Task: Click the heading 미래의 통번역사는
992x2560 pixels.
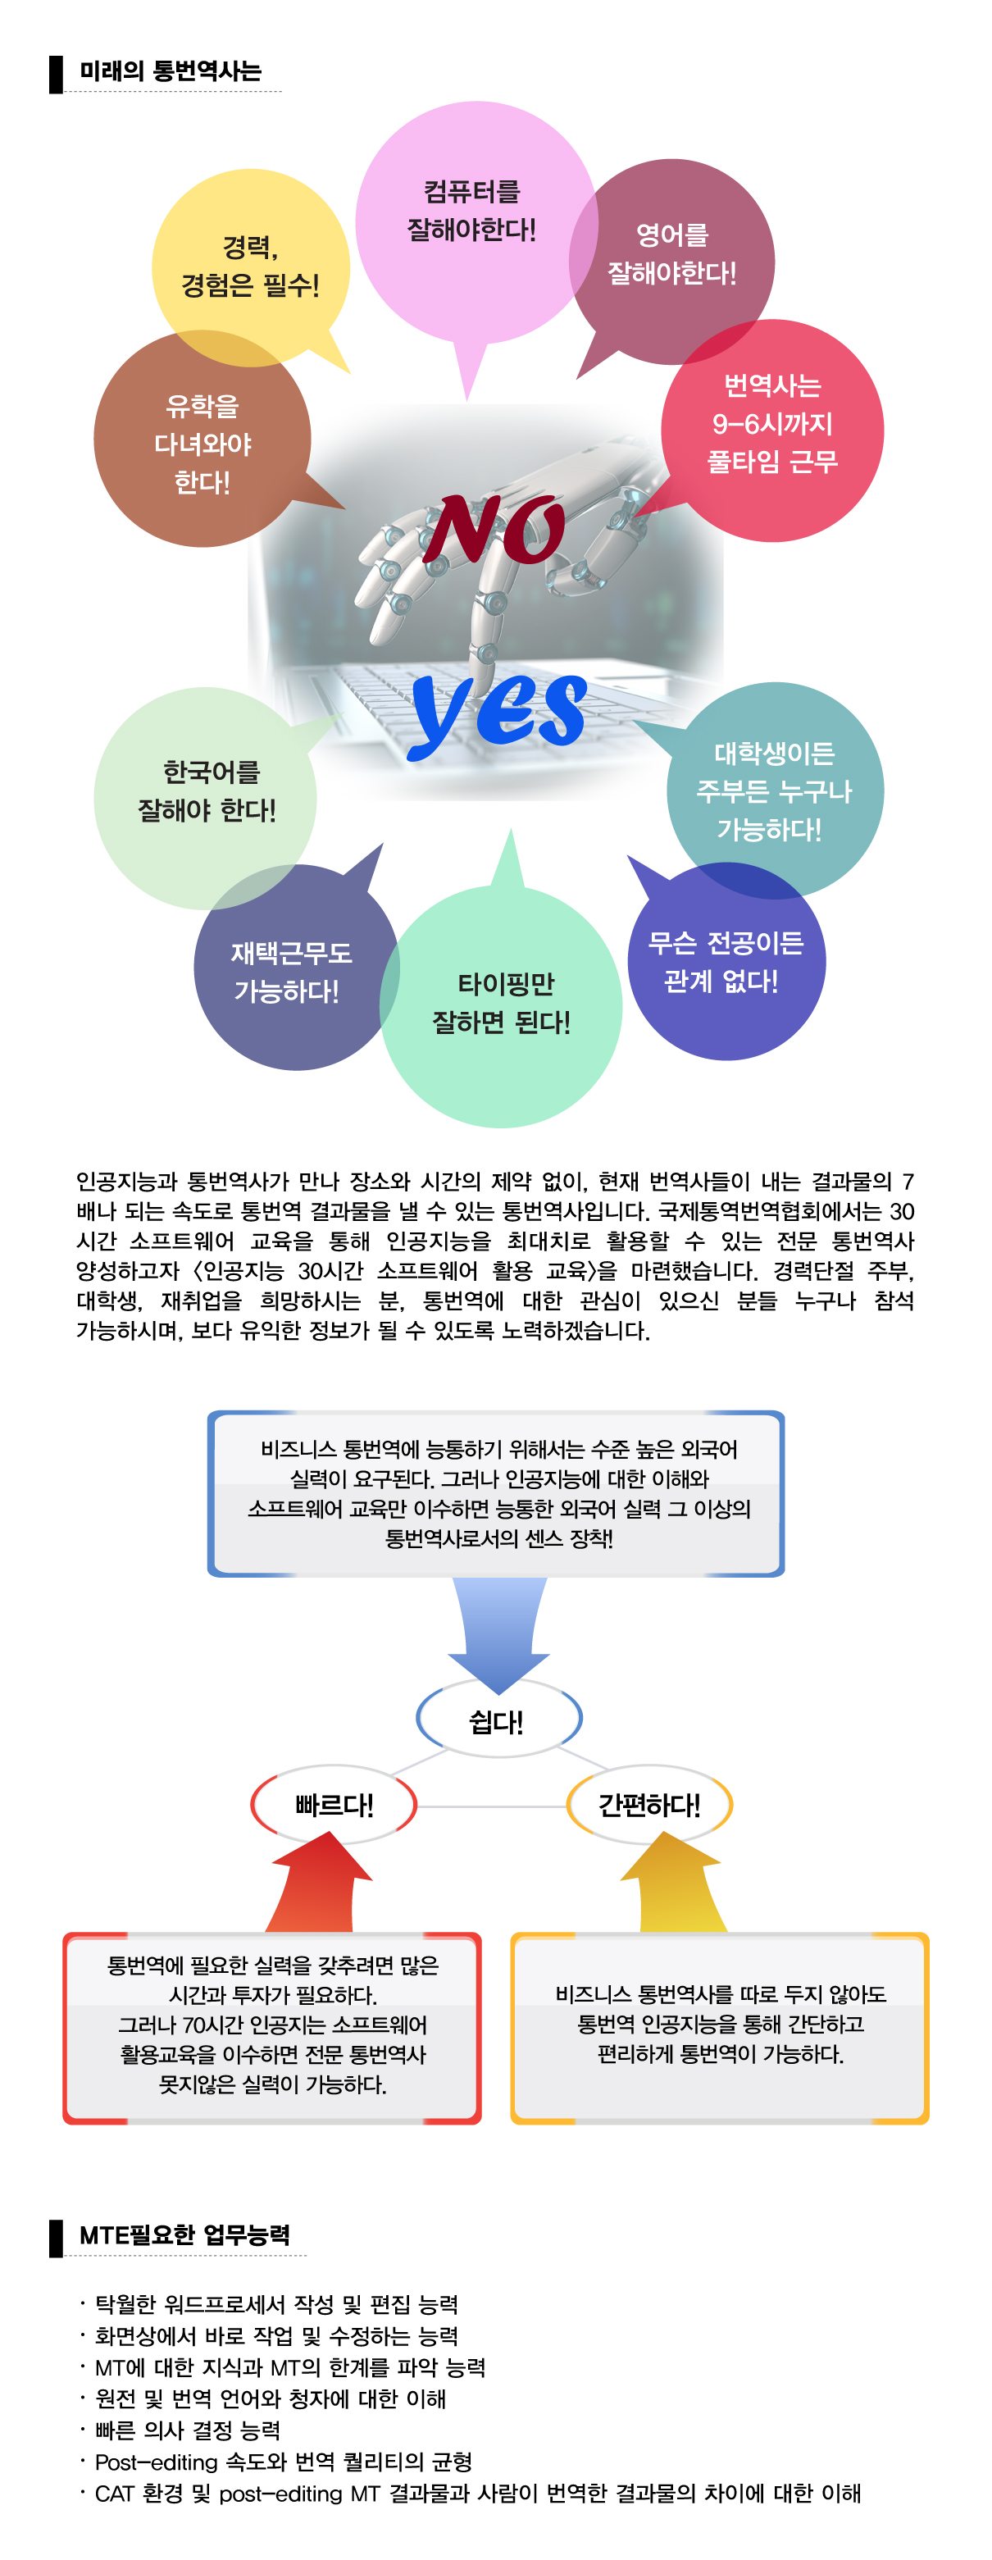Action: pos(170,71)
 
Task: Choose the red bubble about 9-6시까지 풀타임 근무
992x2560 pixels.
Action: pos(771,430)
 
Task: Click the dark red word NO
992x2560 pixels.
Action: pos(494,529)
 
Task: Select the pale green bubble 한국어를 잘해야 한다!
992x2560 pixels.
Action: pos(206,798)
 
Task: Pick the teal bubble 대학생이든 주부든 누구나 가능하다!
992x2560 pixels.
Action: pos(774,790)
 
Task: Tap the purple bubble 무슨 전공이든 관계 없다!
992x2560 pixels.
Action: pos(726,961)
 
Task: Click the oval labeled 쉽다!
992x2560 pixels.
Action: pos(498,1720)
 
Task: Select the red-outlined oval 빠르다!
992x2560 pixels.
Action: pos(334,1804)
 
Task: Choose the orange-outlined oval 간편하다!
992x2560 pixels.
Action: pos(649,1804)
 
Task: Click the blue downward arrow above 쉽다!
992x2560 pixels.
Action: pos(498,1636)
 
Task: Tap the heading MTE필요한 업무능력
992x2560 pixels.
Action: pos(184,2235)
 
